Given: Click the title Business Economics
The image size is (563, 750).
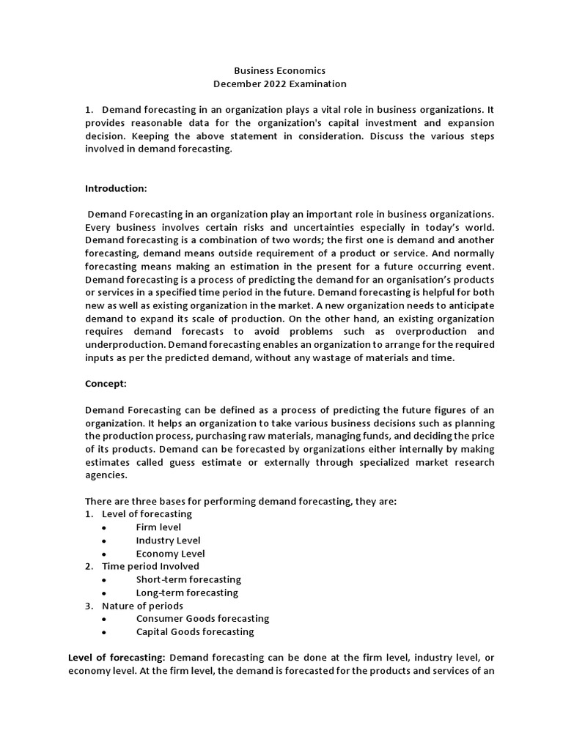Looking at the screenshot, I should pos(279,71).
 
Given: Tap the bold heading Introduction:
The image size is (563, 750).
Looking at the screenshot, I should pos(116,188).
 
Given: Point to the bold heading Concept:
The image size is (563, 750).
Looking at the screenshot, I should pos(106,383).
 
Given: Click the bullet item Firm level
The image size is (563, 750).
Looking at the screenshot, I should pos(158,527).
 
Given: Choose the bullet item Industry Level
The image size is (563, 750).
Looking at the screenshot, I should pos(168,541).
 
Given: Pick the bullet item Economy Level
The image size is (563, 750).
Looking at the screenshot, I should pos(170,554).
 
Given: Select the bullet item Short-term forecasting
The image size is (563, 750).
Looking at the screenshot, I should pos(188,579).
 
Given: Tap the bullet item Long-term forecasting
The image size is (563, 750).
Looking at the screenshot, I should pos(187,593).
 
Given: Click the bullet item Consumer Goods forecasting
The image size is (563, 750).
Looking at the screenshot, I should pos(202,618).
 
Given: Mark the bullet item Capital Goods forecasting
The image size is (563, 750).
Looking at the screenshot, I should pos(195,631).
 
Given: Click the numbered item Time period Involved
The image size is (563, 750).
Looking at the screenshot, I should pos(150,566).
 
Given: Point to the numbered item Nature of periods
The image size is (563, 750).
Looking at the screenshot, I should pos(142,606).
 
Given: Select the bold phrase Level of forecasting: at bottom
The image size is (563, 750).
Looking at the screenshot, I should pos(117,658).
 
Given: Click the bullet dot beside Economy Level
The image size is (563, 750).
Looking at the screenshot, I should pos(106,554).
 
